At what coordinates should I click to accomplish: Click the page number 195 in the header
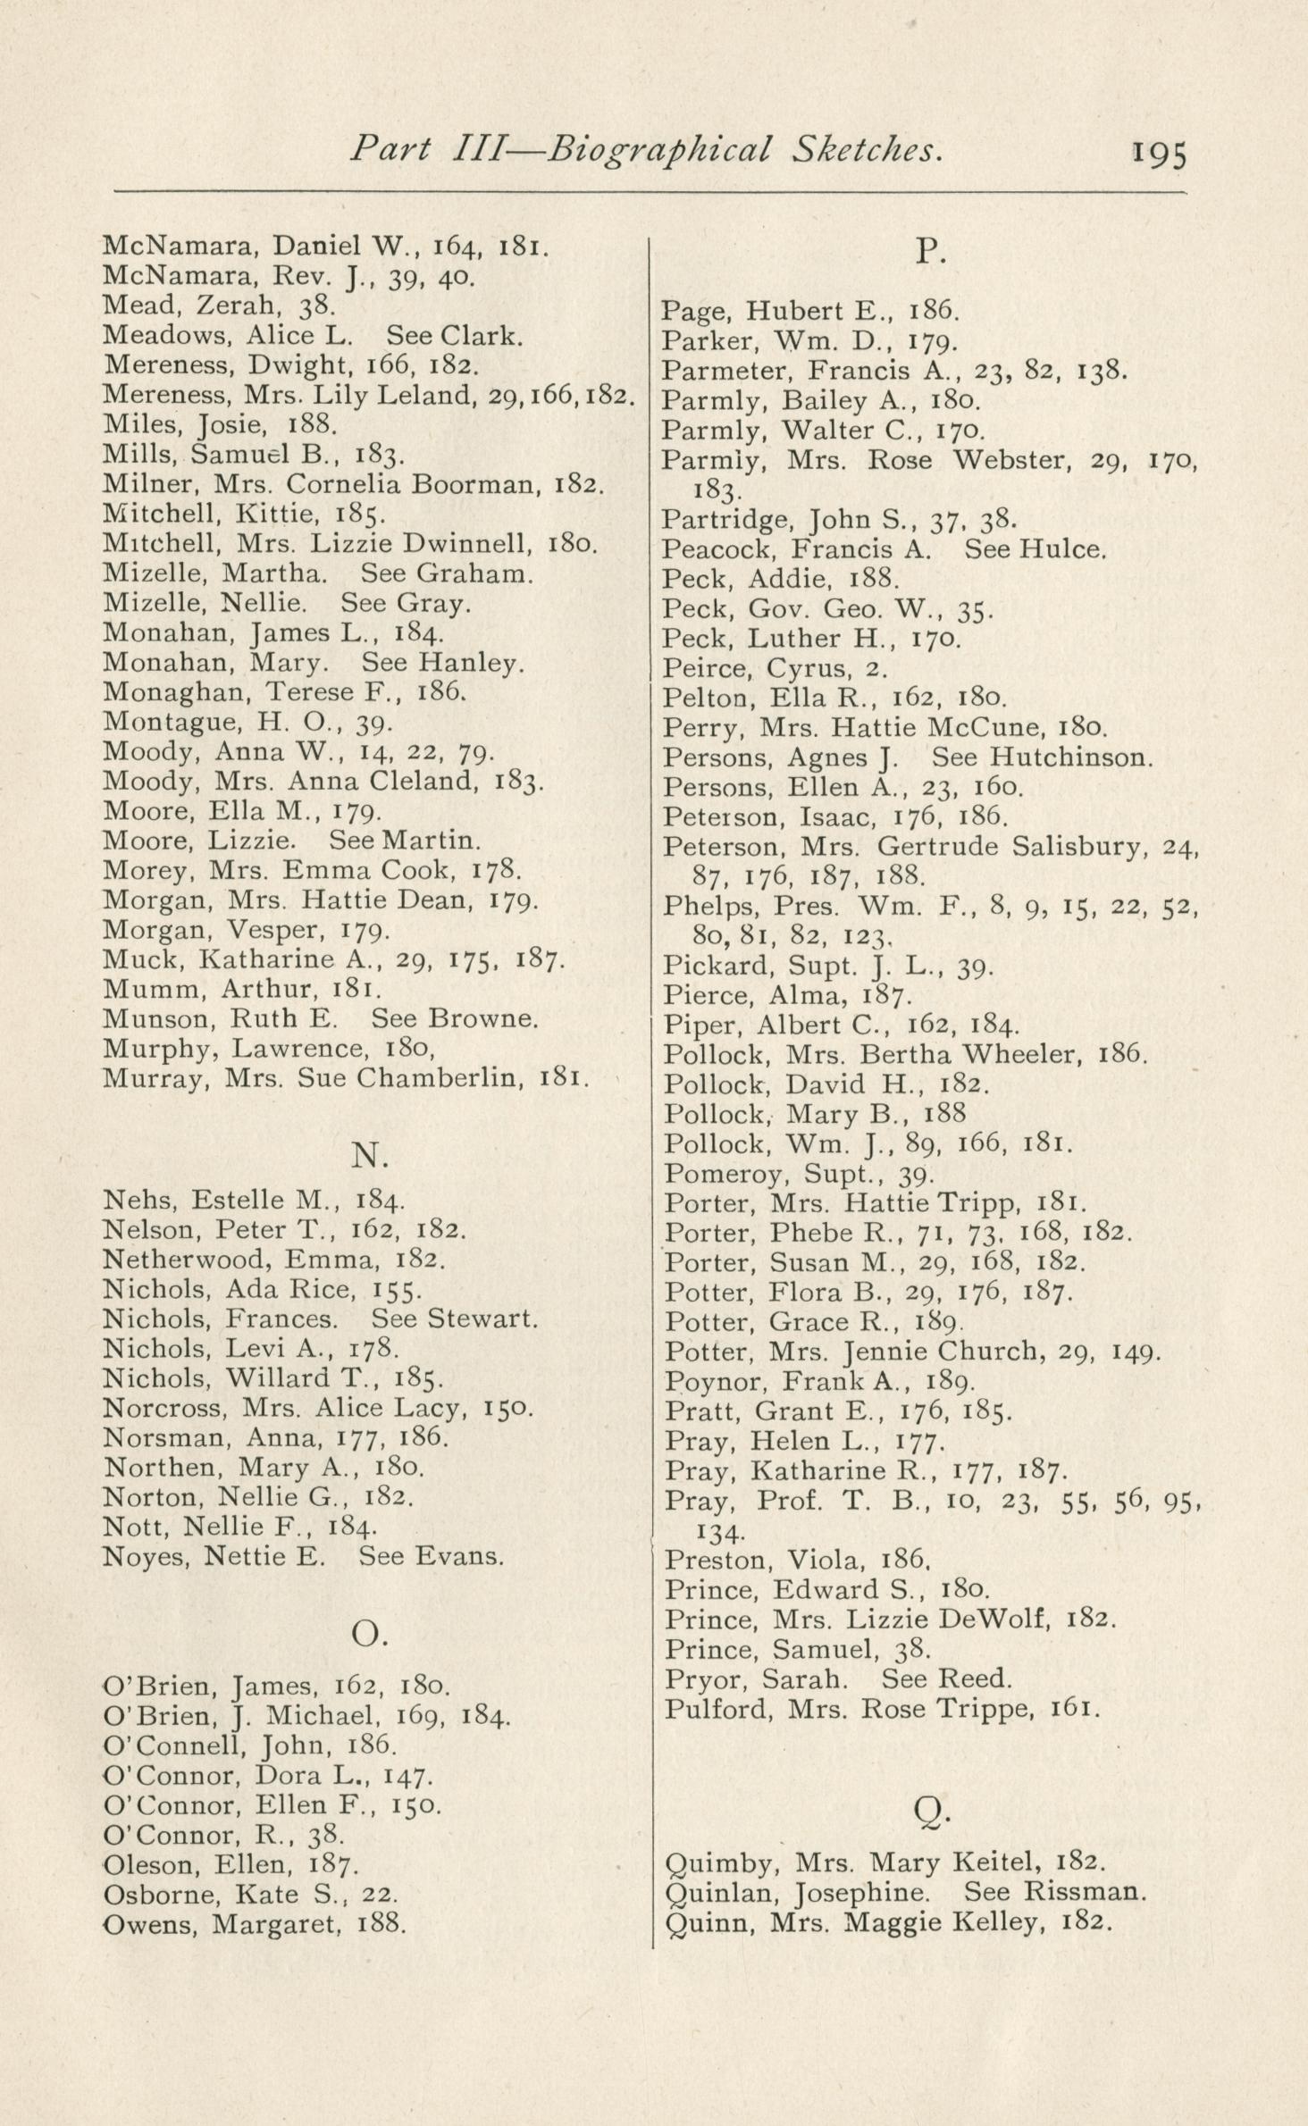(x=1160, y=154)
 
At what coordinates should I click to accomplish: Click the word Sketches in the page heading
(x=866, y=150)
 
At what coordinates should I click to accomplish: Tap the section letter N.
(x=368, y=1156)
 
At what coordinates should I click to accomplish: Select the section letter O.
(x=368, y=1634)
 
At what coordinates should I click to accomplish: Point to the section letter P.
(x=930, y=254)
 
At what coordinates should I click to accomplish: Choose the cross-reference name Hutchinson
(x=1069, y=757)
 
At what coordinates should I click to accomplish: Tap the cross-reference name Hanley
(x=470, y=663)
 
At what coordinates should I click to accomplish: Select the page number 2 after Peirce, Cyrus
(x=872, y=669)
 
